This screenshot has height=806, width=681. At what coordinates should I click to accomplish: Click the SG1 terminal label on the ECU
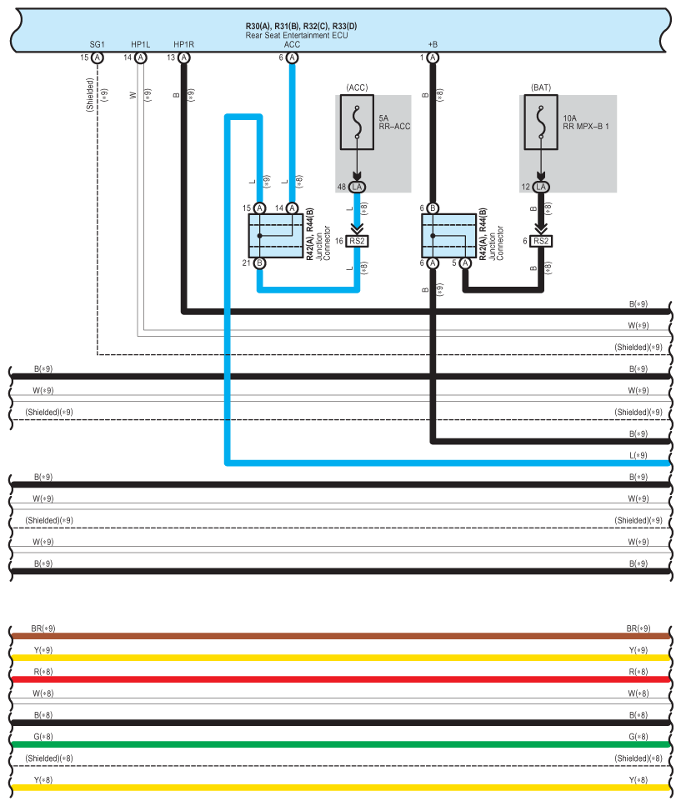tap(97, 45)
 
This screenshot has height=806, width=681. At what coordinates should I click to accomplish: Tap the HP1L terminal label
tap(140, 45)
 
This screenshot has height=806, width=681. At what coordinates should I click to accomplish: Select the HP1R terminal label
tap(183, 45)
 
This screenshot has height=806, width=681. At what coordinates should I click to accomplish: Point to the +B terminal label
tap(433, 45)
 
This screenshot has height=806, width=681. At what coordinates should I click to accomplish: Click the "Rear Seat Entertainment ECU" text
tap(297, 36)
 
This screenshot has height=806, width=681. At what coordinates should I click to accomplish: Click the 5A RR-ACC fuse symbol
tap(357, 123)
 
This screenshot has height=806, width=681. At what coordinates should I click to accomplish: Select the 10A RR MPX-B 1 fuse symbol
tap(541, 123)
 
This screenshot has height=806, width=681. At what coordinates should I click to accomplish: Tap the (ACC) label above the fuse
tap(357, 88)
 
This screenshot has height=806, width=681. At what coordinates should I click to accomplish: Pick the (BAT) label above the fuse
tap(541, 88)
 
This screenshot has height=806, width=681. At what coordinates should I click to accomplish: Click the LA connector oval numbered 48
tap(357, 187)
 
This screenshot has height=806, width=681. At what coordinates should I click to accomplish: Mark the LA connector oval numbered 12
tap(541, 187)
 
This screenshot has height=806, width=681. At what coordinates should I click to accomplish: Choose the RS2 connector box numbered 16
tap(357, 241)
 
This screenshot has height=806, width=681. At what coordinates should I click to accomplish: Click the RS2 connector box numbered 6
tap(541, 241)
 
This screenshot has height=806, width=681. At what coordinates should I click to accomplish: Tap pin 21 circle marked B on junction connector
tap(259, 263)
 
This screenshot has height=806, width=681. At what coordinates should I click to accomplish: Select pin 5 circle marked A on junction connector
tap(465, 263)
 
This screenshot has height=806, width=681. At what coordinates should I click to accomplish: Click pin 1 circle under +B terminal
tap(433, 58)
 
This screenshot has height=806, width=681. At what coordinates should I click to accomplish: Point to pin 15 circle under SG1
tap(98, 58)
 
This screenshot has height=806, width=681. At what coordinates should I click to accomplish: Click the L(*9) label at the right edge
tap(638, 455)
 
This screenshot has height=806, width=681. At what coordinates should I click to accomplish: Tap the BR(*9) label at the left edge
tap(43, 628)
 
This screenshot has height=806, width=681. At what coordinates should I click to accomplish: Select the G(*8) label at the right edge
tap(638, 737)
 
